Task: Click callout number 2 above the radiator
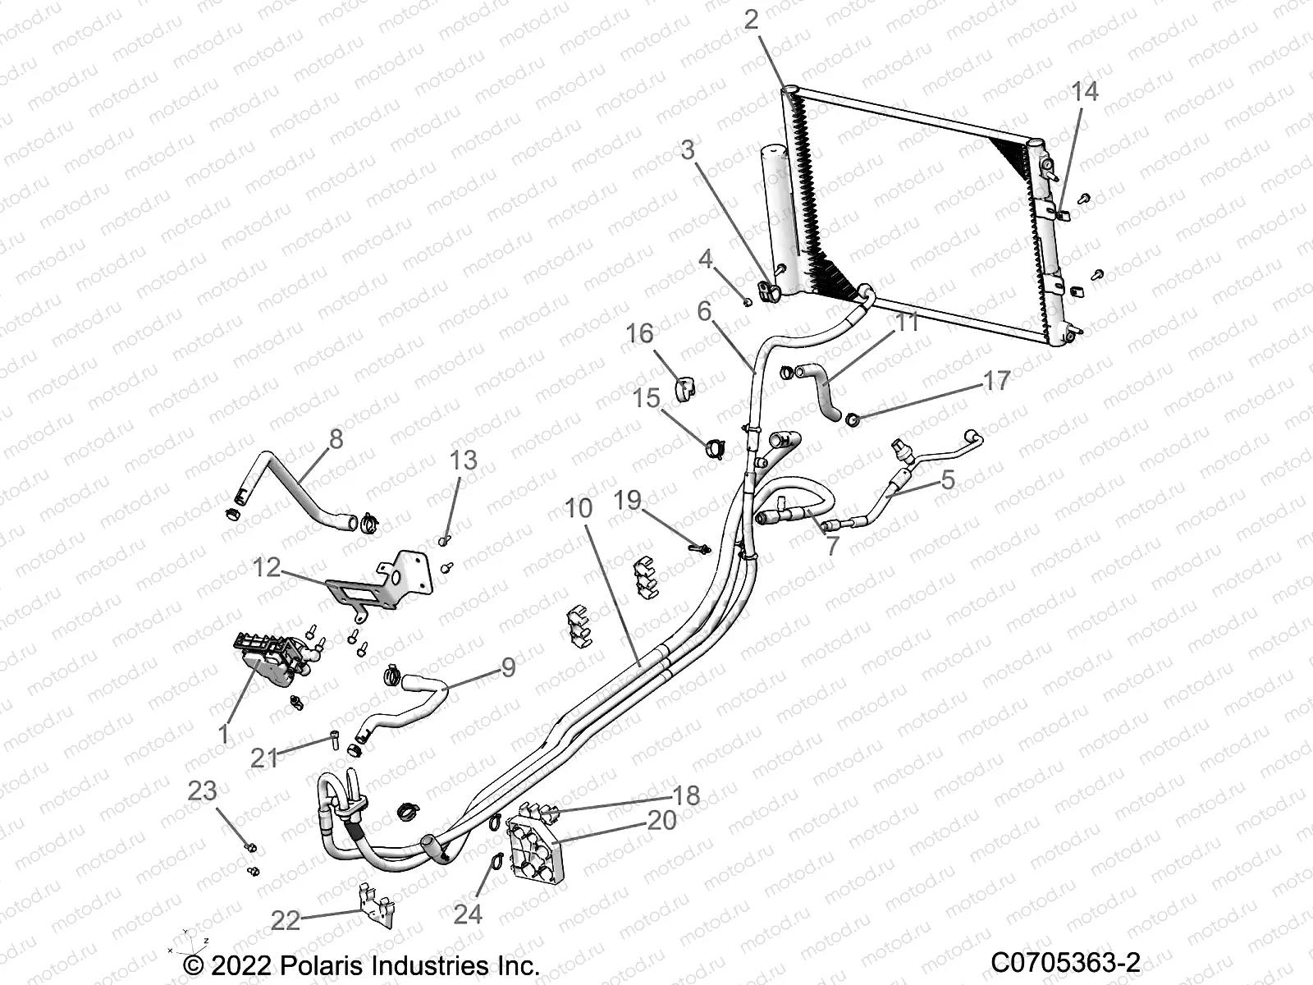coord(752,19)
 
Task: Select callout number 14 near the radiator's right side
coord(1085,91)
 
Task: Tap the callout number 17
coord(996,381)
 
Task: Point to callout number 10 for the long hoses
coord(579,508)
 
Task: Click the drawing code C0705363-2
coord(1065,962)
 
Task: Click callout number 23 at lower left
coord(202,790)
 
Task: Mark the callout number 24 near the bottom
coord(468,914)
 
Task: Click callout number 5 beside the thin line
coord(948,479)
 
